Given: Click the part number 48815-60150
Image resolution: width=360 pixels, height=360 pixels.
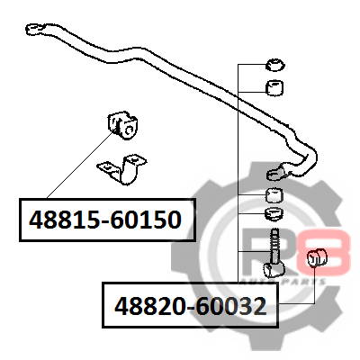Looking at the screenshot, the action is click(105, 220).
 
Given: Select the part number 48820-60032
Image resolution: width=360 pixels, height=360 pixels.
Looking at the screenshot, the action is click(191, 306).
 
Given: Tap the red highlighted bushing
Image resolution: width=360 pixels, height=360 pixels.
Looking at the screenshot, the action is click(317, 258).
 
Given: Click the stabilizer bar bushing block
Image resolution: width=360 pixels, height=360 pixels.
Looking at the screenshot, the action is click(122, 125).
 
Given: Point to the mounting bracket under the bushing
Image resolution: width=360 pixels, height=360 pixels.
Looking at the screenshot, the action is click(122, 168).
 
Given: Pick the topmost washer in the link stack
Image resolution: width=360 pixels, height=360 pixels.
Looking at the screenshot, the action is click(275, 65).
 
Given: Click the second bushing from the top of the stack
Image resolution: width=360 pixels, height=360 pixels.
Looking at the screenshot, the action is click(274, 87).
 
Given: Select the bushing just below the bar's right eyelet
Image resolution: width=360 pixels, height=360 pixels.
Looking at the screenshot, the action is click(274, 195).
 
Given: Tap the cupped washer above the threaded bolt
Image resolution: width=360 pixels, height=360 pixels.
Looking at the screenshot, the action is click(274, 214).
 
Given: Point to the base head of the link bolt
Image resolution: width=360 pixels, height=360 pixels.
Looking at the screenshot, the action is click(274, 269).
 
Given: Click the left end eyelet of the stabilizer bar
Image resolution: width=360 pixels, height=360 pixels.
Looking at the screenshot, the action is click(36, 29).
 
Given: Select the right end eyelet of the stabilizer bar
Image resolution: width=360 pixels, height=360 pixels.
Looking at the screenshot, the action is click(276, 172).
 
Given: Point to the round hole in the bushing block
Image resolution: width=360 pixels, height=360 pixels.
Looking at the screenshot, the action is click(130, 130).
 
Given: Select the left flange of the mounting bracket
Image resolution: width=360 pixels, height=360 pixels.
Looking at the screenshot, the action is click(108, 168).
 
